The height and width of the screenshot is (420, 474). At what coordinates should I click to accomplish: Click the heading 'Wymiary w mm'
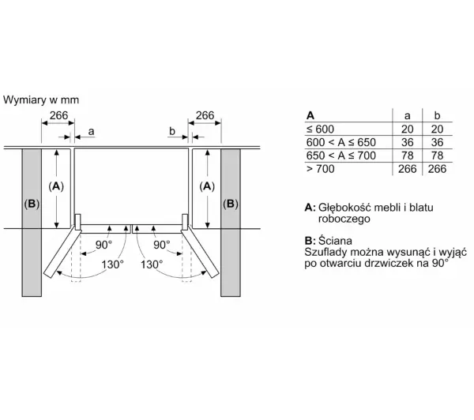(x=41, y=100)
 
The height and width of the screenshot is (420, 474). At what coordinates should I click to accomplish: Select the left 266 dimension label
(x=58, y=116)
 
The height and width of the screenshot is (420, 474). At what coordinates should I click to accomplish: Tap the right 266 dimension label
(x=205, y=116)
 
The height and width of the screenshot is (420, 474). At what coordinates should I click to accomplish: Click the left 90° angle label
(x=104, y=245)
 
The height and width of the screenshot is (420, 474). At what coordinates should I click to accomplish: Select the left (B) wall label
(x=31, y=204)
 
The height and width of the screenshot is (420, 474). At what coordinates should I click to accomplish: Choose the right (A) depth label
(x=207, y=186)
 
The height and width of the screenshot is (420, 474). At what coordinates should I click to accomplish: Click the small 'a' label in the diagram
(x=92, y=130)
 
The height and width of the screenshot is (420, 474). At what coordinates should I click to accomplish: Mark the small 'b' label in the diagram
(x=171, y=130)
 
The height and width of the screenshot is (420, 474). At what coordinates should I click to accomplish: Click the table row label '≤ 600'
(x=321, y=128)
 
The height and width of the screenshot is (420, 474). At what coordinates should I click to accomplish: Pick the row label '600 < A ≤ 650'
(x=341, y=141)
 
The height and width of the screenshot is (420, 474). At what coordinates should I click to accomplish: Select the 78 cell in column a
(x=407, y=155)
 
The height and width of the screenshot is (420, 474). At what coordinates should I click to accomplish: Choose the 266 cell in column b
(x=436, y=168)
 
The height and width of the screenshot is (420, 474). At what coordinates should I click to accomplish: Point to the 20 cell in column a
(x=407, y=128)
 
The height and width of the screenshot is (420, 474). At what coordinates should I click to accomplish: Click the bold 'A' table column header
(x=310, y=114)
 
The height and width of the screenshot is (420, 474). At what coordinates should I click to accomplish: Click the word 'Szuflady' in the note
(x=326, y=251)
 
